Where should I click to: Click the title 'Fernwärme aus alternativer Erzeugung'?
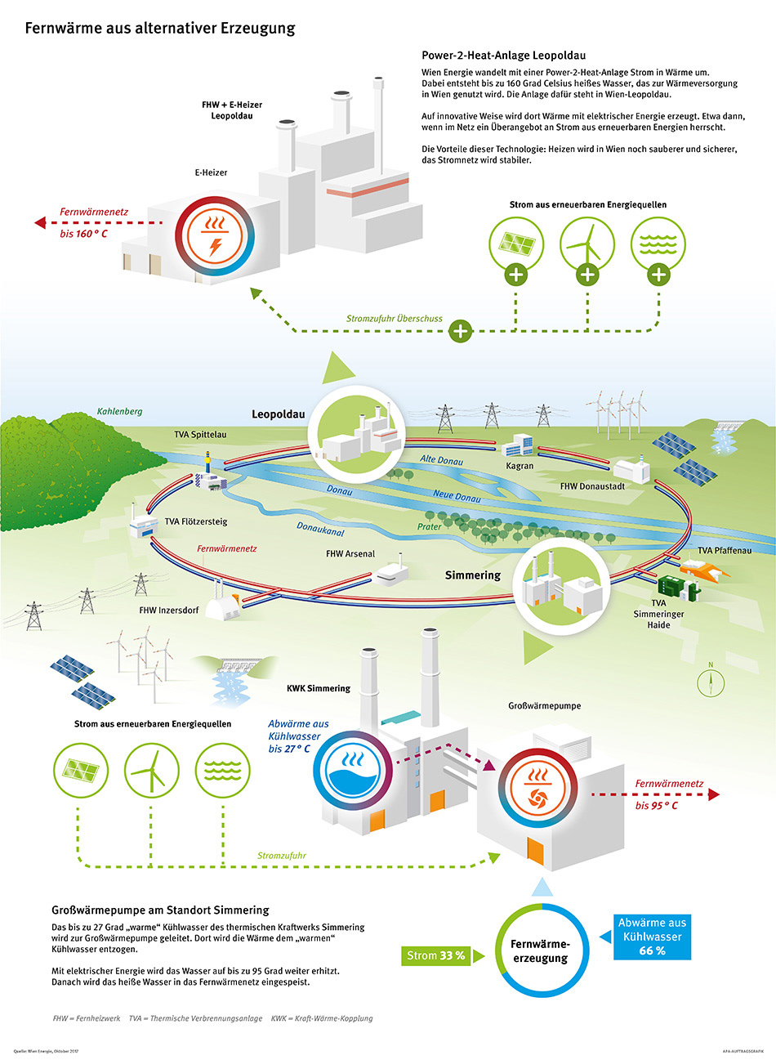(159, 29)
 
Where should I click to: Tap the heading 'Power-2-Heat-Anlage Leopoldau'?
(503, 56)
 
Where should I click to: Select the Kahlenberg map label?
(119, 412)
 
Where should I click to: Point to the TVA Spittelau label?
(200, 435)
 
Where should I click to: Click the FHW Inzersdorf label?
(168, 611)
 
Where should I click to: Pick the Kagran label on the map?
(520, 466)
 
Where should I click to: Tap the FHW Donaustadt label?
(592, 486)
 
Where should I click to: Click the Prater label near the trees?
(429, 526)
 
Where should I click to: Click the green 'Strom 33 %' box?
(435, 955)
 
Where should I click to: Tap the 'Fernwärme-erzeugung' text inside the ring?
(540, 950)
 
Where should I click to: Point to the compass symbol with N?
(711, 681)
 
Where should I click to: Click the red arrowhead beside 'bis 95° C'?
(714, 794)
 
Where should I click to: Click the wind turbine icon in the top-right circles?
(587, 243)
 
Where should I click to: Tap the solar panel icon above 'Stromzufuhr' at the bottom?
(81, 771)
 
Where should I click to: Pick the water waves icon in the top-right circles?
(658, 243)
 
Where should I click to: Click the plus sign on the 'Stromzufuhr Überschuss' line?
(461, 331)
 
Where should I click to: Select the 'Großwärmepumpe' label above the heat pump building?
(544, 706)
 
